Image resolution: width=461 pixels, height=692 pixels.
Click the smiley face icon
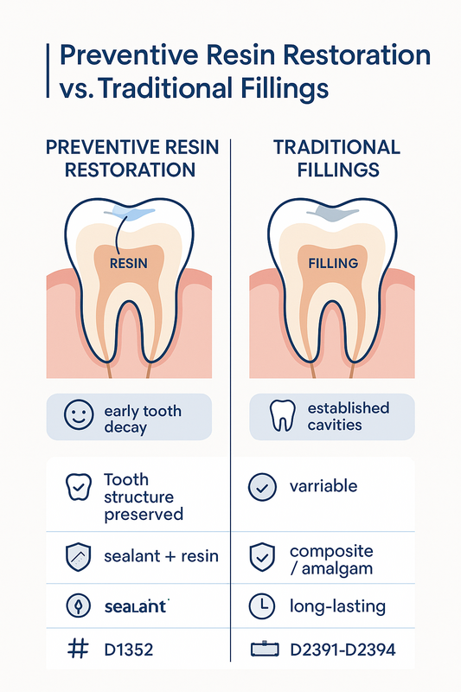point(79,415)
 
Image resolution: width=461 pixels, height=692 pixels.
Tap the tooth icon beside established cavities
point(282,415)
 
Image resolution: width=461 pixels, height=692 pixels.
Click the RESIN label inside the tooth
point(128,264)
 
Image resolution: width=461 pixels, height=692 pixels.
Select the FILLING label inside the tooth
point(333,264)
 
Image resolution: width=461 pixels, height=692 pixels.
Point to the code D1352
point(129,650)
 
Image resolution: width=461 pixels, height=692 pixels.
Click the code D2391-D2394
point(343,650)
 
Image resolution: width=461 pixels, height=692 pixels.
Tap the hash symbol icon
point(78,650)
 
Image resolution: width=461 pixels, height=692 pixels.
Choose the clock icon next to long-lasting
point(262,606)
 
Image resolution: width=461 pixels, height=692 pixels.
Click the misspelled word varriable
point(323,486)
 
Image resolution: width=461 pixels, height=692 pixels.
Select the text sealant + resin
point(161,556)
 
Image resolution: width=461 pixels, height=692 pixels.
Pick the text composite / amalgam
point(331,560)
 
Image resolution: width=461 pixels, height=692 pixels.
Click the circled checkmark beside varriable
point(262,487)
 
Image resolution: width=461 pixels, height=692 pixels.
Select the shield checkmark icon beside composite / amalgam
point(262,557)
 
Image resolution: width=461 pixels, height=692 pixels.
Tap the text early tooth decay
point(143,419)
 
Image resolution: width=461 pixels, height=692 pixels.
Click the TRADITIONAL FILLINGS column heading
point(337,159)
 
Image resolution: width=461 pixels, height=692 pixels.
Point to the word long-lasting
point(337,606)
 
